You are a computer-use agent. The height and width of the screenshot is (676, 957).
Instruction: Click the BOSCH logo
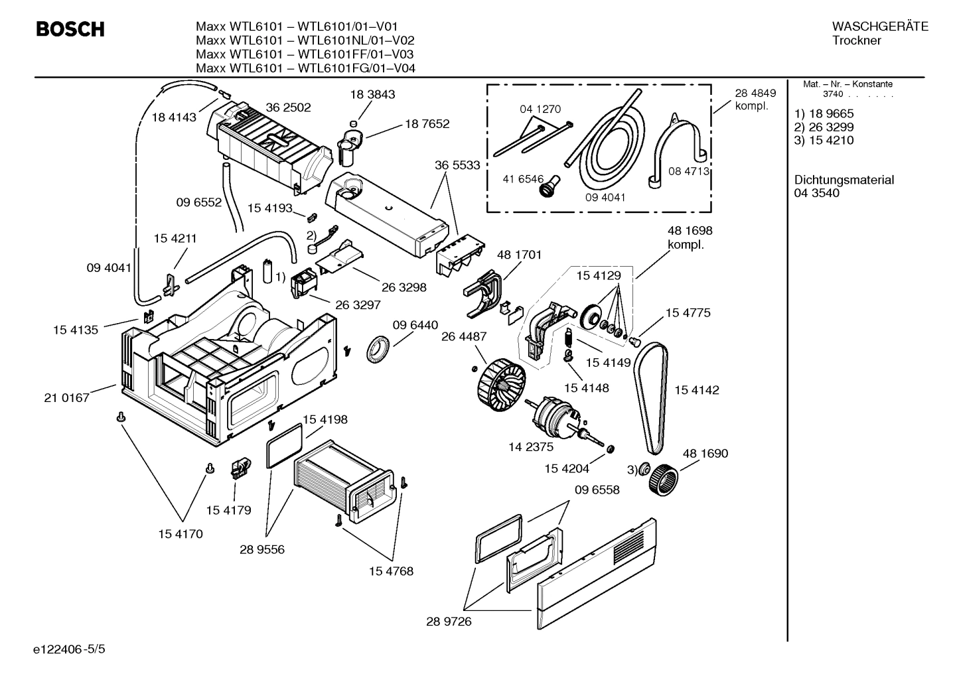(x=70, y=30)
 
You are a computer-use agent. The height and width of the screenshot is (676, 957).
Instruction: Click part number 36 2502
(x=288, y=107)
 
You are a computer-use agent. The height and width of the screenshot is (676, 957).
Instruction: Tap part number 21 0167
(x=66, y=398)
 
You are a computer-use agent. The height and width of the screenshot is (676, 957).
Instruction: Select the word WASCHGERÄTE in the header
(x=879, y=27)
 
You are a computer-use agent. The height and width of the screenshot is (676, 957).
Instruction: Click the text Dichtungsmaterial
(x=844, y=180)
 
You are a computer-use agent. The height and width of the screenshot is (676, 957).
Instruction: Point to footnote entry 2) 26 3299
(x=824, y=127)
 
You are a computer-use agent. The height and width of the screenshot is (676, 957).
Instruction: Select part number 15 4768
(x=392, y=571)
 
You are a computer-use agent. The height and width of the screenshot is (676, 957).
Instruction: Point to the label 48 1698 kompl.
(x=690, y=237)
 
